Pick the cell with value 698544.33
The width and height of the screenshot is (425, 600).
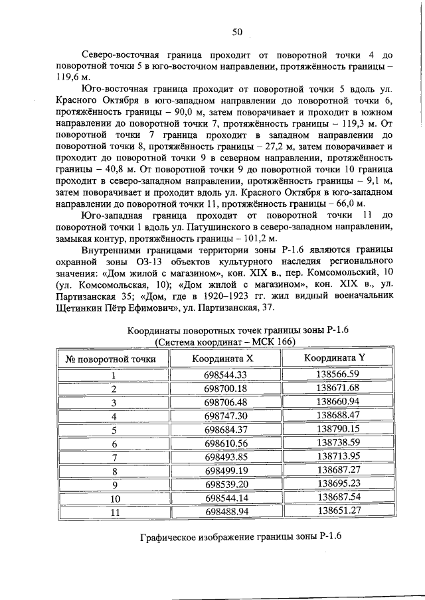[x=226, y=375]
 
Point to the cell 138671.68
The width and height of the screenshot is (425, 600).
[x=337, y=388]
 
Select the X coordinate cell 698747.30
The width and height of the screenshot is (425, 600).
[x=226, y=416]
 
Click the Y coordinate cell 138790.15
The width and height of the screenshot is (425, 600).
[x=337, y=429]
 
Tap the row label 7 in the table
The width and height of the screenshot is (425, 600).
[x=114, y=457]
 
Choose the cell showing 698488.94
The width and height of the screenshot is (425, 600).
[x=226, y=511]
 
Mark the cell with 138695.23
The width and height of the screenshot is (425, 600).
[x=337, y=483]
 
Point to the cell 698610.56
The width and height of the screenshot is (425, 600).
[x=226, y=443]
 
